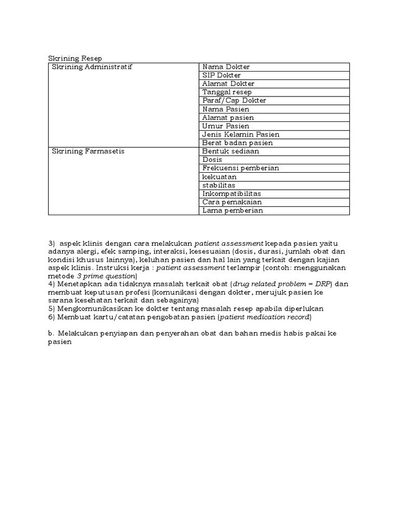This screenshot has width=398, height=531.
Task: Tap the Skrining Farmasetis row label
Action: (88, 151)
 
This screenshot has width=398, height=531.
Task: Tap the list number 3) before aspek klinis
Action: (51, 243)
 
